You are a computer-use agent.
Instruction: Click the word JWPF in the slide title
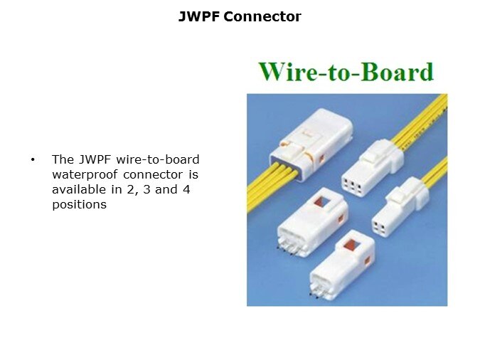click(x=199, y=16)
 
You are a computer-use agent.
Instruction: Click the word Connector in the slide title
click(x=262, y=16)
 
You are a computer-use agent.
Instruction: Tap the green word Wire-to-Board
click(x=346, y=72)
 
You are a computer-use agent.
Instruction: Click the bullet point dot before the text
click(x=33, y=159)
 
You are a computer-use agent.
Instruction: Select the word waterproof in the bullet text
click(x=85, y=175)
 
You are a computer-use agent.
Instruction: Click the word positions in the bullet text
click(x=79, y=205)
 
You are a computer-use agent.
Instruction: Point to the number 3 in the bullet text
click(x=146, y=190)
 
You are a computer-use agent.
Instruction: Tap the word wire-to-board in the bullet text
click(x=158, y=159)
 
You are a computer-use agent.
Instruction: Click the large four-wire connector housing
click(x=311, y=144)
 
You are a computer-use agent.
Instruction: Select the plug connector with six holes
click(x=372, y=168)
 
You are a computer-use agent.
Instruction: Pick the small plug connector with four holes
click(x=400, y=207)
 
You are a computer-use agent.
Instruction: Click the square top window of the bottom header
click(x=351, y=245)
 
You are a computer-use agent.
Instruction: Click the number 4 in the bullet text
click(x=186, y=190)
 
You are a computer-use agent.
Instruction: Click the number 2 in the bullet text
click(x=131, y=190)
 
